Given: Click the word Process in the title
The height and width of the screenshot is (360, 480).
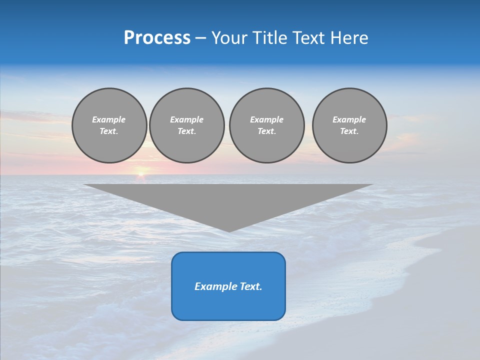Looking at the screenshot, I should (x=157, y=38).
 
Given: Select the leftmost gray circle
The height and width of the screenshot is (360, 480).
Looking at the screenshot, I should (x=109, y=125).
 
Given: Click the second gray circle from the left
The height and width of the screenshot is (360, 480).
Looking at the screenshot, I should (x=186, y=125).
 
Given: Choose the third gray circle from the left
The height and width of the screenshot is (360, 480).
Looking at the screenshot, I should (x=266, y=125).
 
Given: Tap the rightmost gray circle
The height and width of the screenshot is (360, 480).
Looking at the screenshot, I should (x=349, y=125).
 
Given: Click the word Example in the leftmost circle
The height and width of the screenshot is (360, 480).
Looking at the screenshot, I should (x=109, y=119).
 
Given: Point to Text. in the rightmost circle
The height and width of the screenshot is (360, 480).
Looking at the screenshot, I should (x=349, y=131).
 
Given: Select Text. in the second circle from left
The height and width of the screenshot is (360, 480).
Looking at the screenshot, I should (x=186, y=131).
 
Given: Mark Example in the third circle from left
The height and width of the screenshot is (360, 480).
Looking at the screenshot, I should (x=266, y=119).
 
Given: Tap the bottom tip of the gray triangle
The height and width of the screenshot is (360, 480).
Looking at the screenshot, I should (x=229, y=230).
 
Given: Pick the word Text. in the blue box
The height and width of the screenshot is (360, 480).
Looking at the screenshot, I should (x=250, y=286).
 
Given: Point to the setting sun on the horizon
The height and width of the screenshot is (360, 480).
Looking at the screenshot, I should (x=141, y=173).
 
